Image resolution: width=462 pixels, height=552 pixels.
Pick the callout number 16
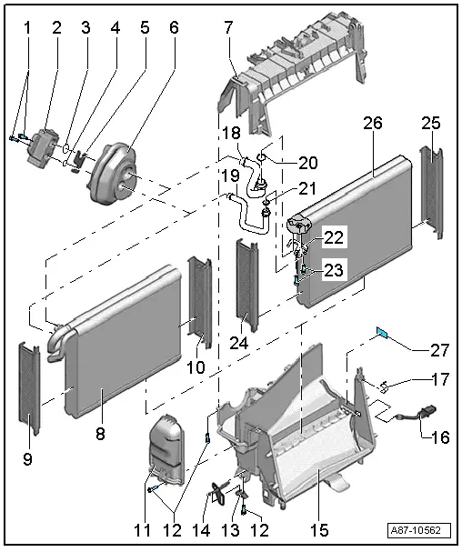(x=439, y=437)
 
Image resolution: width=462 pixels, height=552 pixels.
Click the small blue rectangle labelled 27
(x=384, y=335)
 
